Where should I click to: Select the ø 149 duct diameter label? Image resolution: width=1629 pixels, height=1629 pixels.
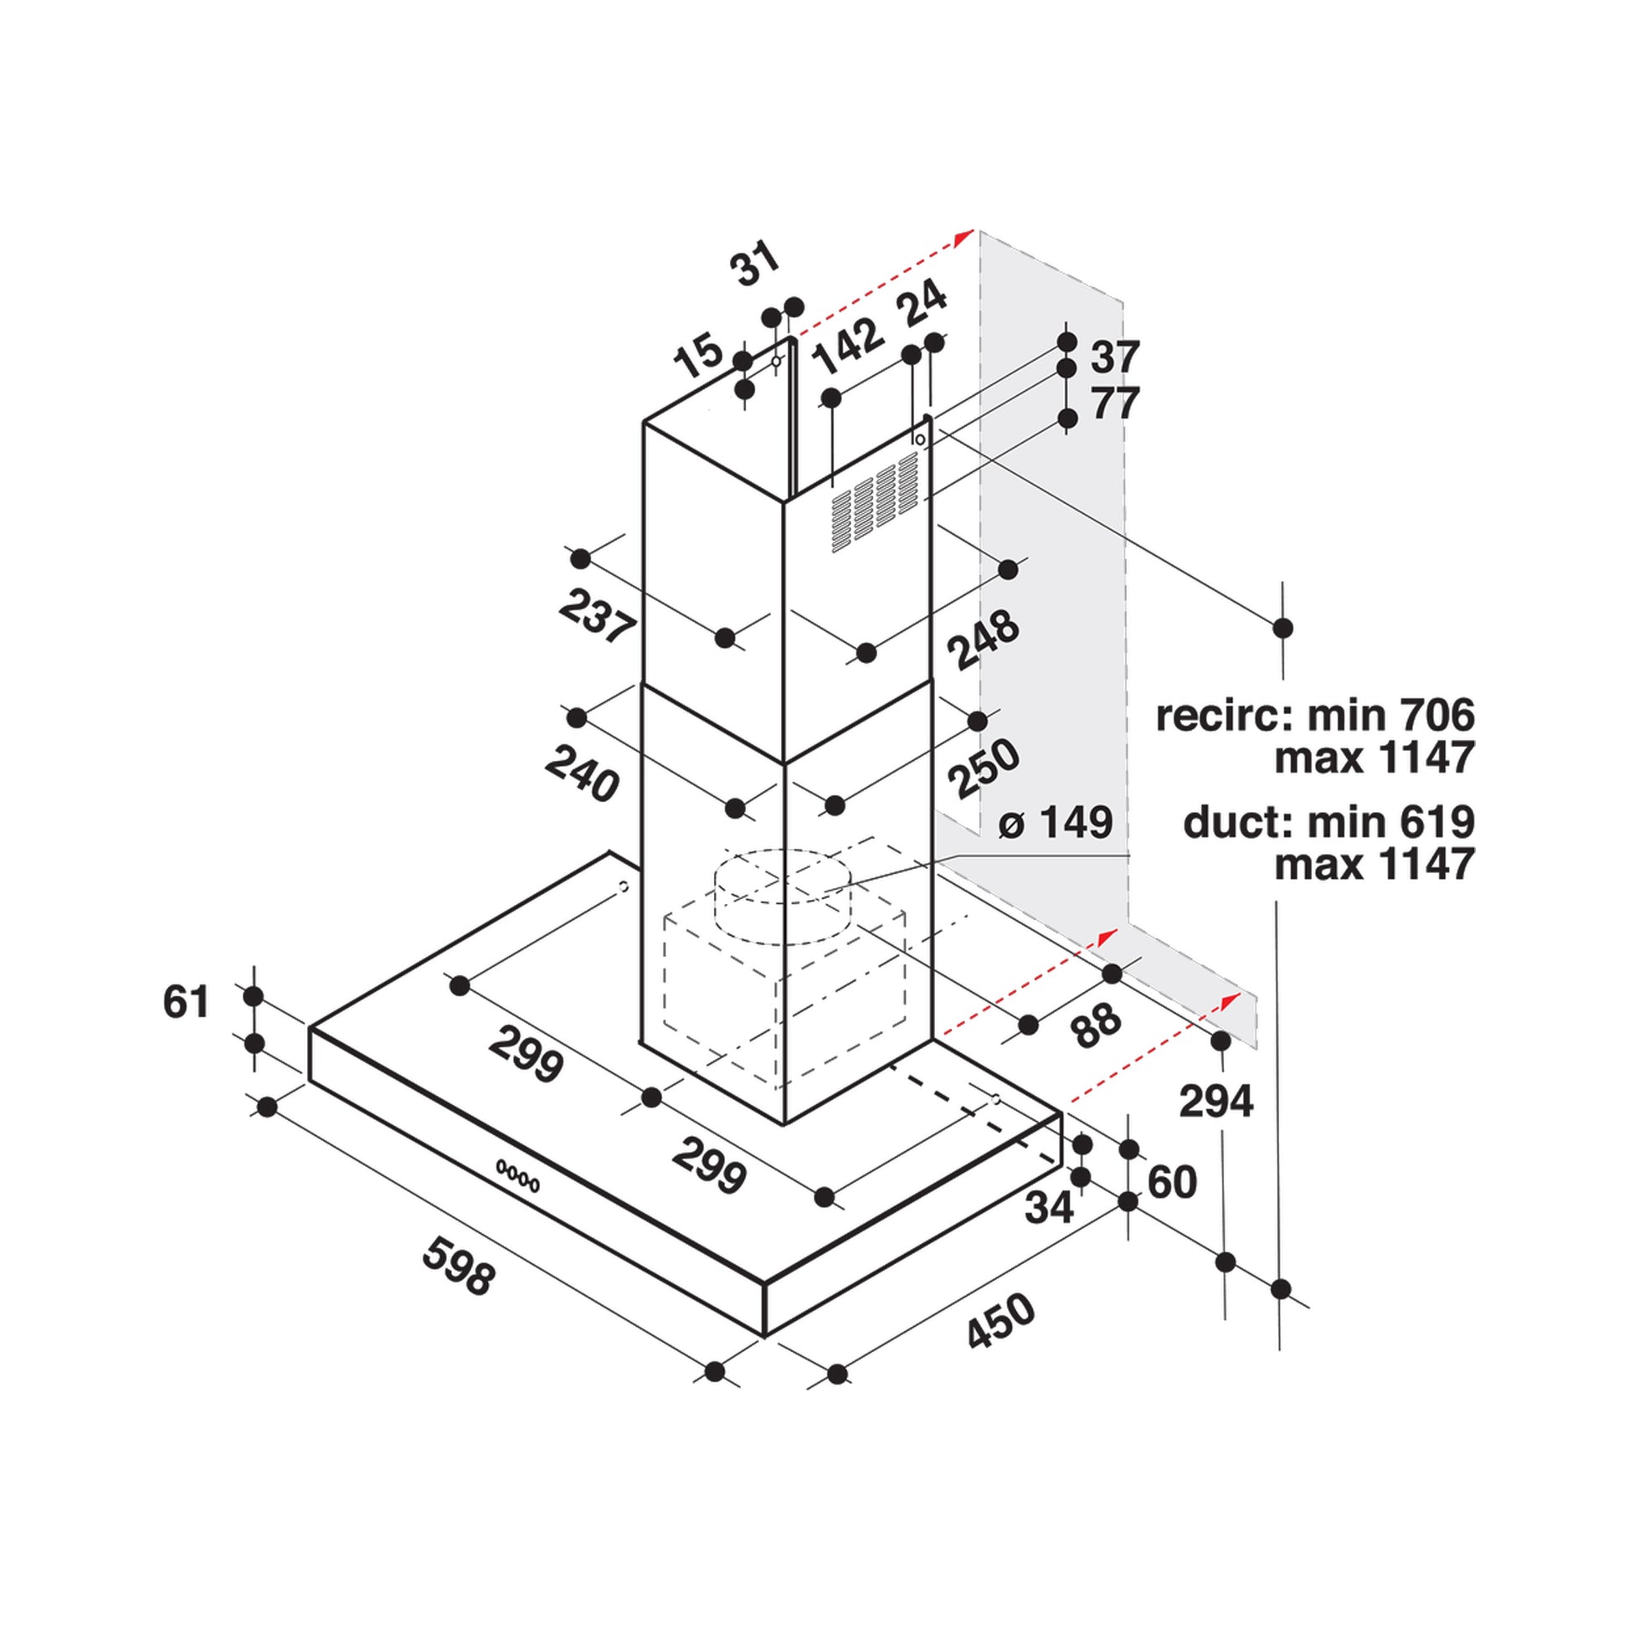(1056, 822)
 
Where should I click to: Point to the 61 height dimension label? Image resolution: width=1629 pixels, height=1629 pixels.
(186, 1001)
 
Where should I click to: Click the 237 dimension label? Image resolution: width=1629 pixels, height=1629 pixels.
(596, 617)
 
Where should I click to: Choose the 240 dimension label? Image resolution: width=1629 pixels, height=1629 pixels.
(582, 774)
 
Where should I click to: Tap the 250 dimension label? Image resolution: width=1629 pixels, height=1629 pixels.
(983, 769)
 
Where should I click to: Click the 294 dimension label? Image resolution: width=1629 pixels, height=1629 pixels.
(1215, 1101)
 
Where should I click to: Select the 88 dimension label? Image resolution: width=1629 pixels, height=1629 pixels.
(1097, 1026)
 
